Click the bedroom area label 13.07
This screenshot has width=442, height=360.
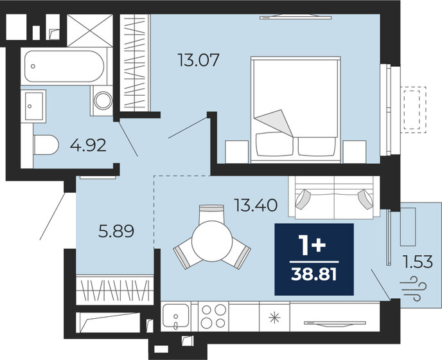coord(199,61)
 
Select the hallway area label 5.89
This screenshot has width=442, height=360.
coord(117,230)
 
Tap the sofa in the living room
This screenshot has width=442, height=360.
coord(335,198)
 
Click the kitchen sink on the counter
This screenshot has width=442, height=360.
coord(175,317)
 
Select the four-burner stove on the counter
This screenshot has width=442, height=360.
coord(214,316)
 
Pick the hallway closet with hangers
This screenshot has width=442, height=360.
coord(114,289)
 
